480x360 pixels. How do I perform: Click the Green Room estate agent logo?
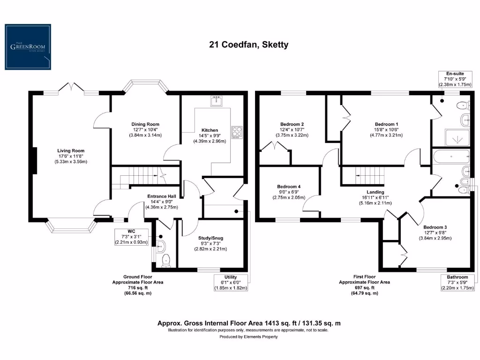(28, 47)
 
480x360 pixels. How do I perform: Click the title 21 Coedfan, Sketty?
(248, 45)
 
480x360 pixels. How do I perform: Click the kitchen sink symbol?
(217, 100)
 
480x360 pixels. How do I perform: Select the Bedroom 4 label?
(289, 187)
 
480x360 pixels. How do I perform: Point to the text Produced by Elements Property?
(248, 337)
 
